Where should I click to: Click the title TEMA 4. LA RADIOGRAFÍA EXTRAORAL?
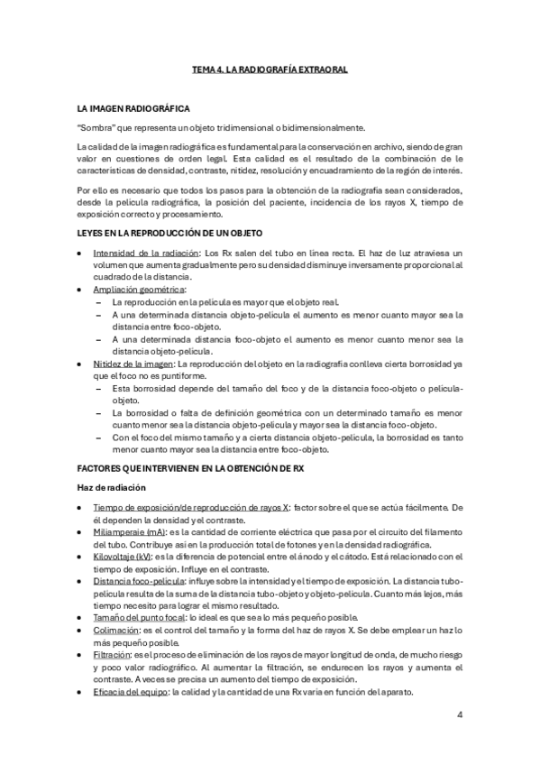click(x=270, y=69)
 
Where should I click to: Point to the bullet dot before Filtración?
click(x=81, y=656)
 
